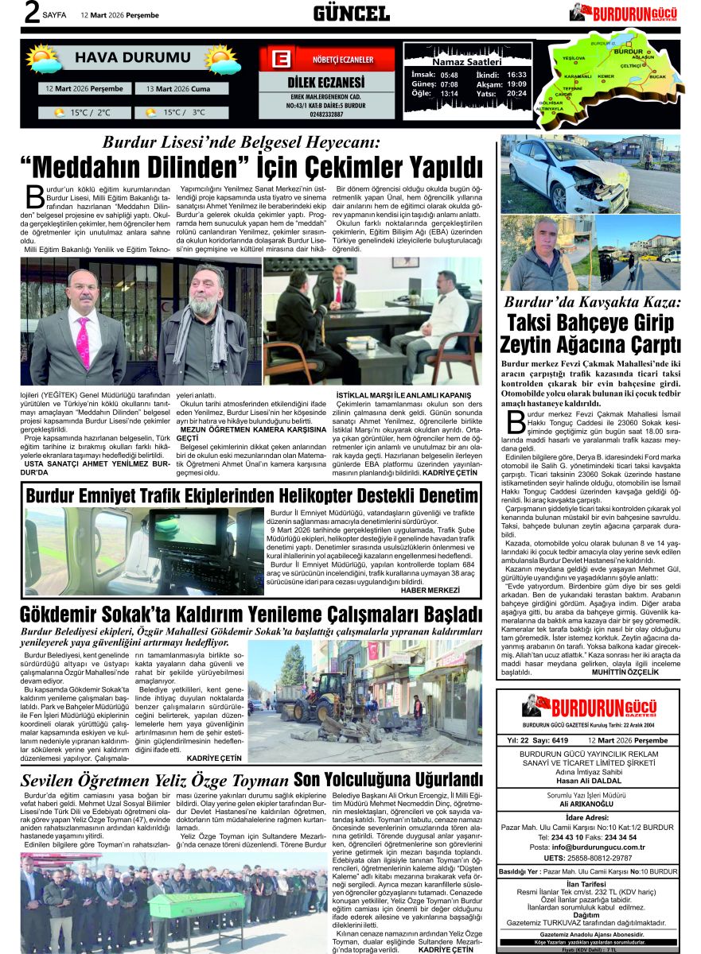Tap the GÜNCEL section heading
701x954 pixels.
(351, 13)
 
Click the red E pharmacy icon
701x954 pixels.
(280, 60)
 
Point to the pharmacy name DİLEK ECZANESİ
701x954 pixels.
(325, 83)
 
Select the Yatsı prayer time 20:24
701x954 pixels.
(516, 93)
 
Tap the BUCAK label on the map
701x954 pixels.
(657, 76)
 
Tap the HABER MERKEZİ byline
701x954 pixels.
(430, 590)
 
